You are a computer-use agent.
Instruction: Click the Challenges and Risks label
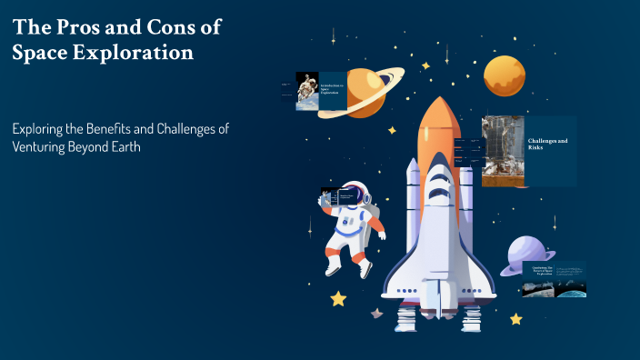[x=548, y=143]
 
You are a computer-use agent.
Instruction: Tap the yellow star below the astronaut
[x=338, y=297]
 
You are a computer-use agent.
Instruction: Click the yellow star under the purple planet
[x=515, y=319]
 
